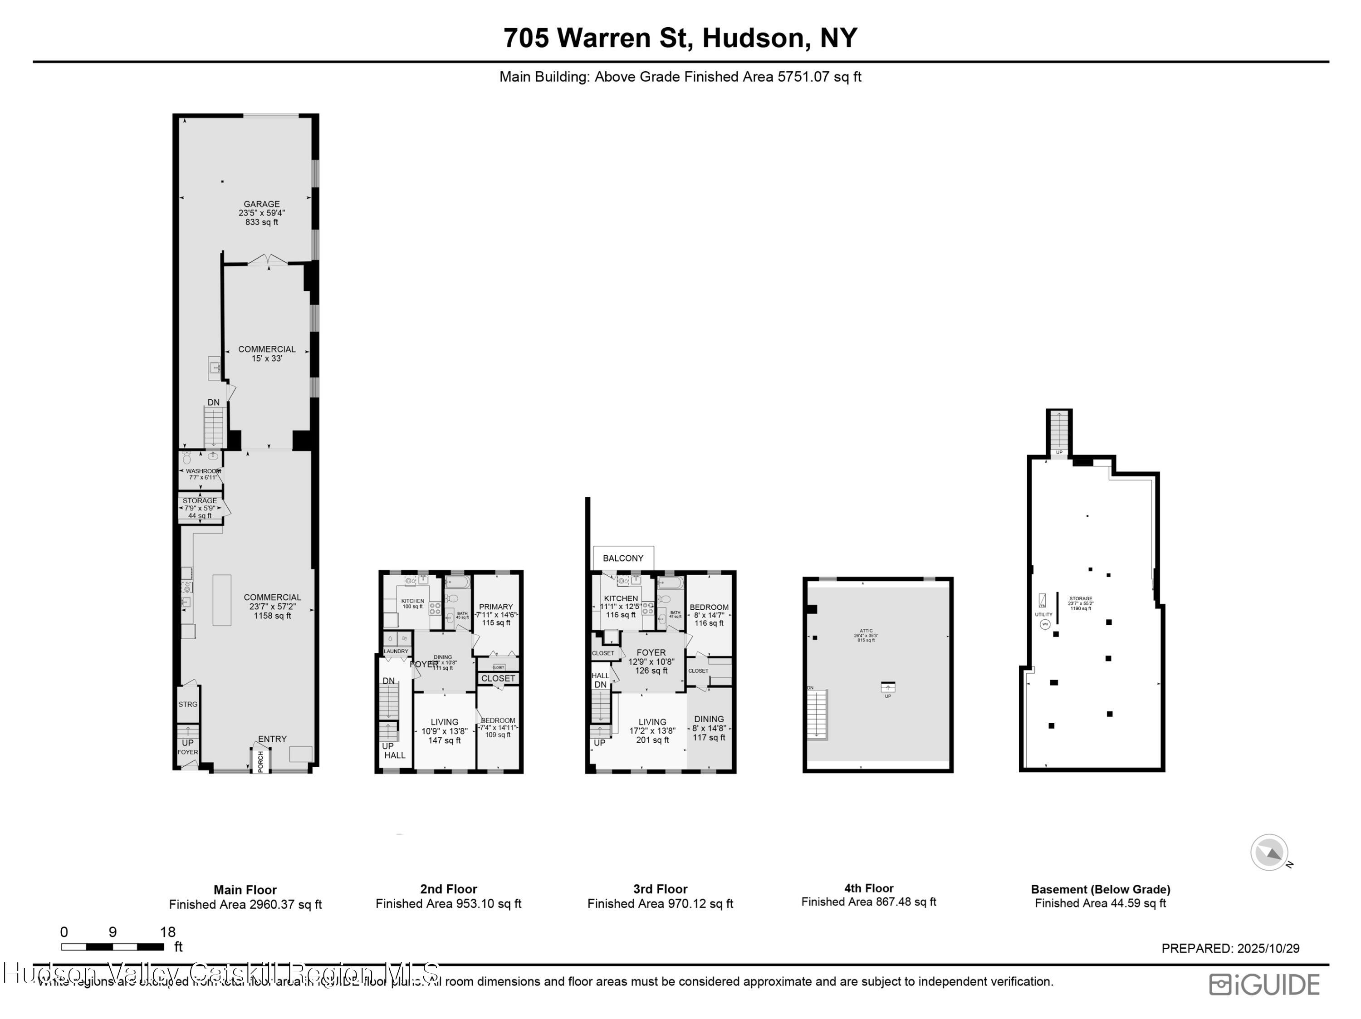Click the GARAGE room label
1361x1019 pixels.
[261, 204]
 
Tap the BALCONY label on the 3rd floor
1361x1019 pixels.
[623, 558]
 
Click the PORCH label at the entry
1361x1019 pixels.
[261, 761]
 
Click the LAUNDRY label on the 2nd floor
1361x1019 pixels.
[396, 651]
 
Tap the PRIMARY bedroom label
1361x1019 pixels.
[495, 607]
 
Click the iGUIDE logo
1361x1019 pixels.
[1264, 985]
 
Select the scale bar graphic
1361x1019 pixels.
[112, 946]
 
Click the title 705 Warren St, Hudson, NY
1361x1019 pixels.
[680, 38]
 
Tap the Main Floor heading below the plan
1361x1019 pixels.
[245, 890]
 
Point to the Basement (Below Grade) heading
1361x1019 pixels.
[1100, 889]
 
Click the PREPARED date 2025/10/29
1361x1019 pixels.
[1230, 948]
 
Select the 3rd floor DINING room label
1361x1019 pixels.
[709, 719]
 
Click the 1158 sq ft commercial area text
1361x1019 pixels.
[273, 615]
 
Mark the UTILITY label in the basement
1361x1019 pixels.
[1043, 614]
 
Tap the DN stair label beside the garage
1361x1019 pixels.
[214, 402]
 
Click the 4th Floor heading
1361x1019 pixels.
[868, 888]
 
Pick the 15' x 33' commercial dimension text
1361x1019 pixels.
[267, 358]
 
